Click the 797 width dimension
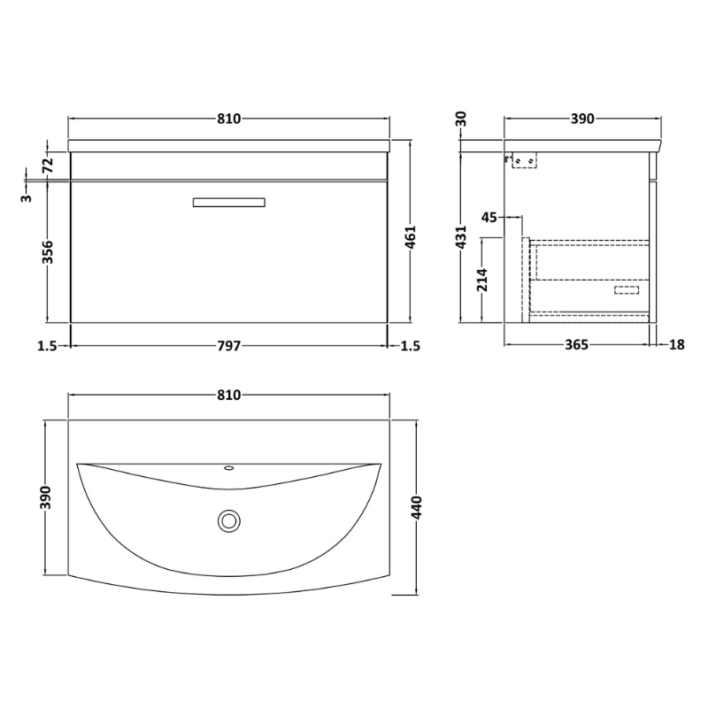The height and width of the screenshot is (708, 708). (x=229, y=346)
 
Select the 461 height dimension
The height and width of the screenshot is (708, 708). (x=410, y=236)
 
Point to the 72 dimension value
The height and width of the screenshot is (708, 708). (x=49, y=164)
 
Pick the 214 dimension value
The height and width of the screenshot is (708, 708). (x=482, y=280)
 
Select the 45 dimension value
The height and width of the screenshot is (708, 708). (x=489, y=216)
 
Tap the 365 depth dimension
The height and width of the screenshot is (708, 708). (x=575, y=346)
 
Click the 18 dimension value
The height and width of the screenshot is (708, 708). (x=677, y=346)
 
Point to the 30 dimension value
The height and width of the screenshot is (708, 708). (x=461, y=119)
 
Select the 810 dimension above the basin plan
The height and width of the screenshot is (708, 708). (x=229, y=395)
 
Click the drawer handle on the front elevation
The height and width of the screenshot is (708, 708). (x=229, y=203)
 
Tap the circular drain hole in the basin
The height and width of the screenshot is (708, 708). (x=229, y=520)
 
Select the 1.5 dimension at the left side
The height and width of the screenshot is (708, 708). (x=48, y=346)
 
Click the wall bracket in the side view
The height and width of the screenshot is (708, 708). (x=522, y=160)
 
